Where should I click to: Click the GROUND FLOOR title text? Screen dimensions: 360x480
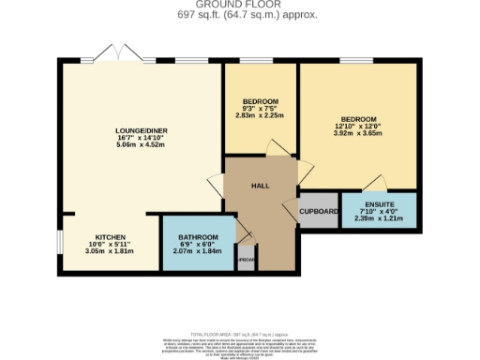tap(240, 6)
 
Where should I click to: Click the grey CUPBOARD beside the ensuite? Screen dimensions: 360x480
tap(319, 212)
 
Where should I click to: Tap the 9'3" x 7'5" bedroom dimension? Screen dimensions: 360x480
tap(260, 109)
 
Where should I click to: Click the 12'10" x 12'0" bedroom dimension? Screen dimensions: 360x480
tap(358, 127)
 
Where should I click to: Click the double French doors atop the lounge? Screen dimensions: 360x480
tap(113, 53)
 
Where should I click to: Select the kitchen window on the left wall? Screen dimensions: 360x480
tap(60, 243)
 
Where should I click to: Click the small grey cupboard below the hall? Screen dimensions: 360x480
tap(245, 260)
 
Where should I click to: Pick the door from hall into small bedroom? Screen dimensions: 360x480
tap(273, 149)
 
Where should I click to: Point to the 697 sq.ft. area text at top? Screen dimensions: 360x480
tap(240, 16)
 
